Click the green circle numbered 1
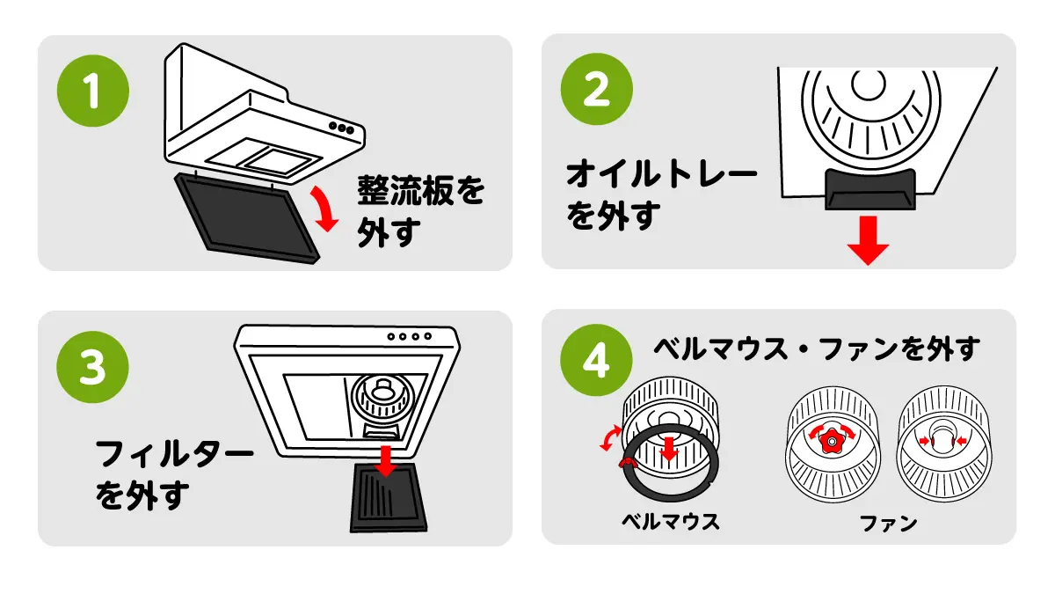[x=92, y=91]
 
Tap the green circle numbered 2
[x=596, y=91]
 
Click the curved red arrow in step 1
[x=324, y=209]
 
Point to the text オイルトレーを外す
[x=660, y=194]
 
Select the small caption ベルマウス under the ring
[x=670, y=521]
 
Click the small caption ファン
[x=888, y=523]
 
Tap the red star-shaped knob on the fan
[x=832, y=437]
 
